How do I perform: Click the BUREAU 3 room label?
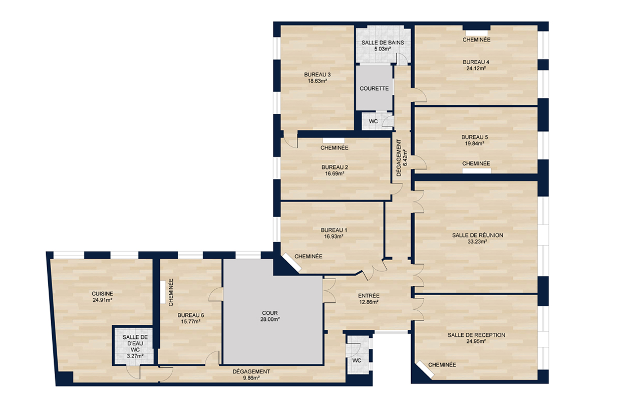[x=317, y=75]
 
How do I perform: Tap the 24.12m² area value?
[x=476, y=69]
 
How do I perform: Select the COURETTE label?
[x=374, y=89]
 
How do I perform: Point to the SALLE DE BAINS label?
[x=383, y=43]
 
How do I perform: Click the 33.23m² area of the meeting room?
[x=477, y=242]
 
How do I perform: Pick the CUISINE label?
[x=102, y=294]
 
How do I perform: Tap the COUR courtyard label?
[x=270, y=313]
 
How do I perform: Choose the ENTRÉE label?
[x=369, y=296]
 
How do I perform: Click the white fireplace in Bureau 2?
[x=334, y=141]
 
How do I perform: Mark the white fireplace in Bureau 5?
[x=477, y=170]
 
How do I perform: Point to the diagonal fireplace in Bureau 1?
[x=291, y=262]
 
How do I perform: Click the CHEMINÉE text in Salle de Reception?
[x=442, y=365]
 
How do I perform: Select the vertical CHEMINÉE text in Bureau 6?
[x=171, y=292]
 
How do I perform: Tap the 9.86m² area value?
[x=251, y=378]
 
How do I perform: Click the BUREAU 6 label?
[x=191, y=315]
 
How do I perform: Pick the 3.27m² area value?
[x=135, y=356]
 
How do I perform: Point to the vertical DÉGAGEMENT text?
[x=399, y=158]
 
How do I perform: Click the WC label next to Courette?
[x=373, y=121]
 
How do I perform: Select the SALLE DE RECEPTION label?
[x=476, y=335]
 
